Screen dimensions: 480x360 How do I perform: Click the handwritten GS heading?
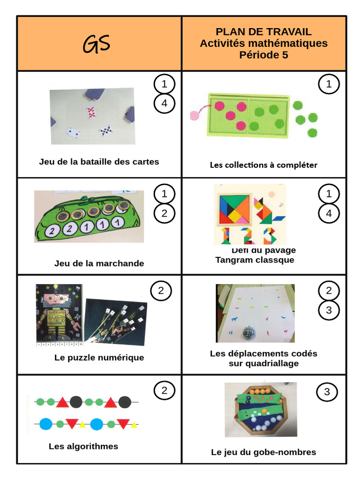click(x=97, y=44)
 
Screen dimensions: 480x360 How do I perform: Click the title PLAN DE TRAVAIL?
click(x=263, y=32)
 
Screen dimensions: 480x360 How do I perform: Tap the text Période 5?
click(x=263, y=55)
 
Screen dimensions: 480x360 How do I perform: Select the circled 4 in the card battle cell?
click(x=164, y=104)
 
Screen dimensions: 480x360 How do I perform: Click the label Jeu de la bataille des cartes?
click(x=99, y=162)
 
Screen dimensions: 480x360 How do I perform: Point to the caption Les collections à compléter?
click(x=263, y=165)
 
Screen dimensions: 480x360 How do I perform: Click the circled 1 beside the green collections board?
click(x=329, y=84)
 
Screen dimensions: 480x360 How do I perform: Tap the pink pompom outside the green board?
click(x=194, y=115)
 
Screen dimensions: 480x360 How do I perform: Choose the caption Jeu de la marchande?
click(x=99, y=263)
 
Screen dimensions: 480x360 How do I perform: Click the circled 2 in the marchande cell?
click(x=164, y=213)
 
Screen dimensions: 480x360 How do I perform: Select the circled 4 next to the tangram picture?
click(x=329, y=213)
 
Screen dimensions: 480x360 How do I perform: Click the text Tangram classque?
click(x=255, y=260)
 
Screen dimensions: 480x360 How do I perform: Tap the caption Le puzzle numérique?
click(x=99, y=358)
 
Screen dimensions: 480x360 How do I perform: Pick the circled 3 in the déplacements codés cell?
click(x=329, y=310)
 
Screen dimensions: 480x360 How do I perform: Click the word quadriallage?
click(x=263, y=363)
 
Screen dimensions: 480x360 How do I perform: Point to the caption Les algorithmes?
click(x=83, y=446)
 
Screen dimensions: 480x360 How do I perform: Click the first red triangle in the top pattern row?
click(x=62, y=402)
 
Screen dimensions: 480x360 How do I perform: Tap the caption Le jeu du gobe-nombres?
click(x=263, y=452)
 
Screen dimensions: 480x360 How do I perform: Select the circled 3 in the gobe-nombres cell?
click(x=327, y=392)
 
